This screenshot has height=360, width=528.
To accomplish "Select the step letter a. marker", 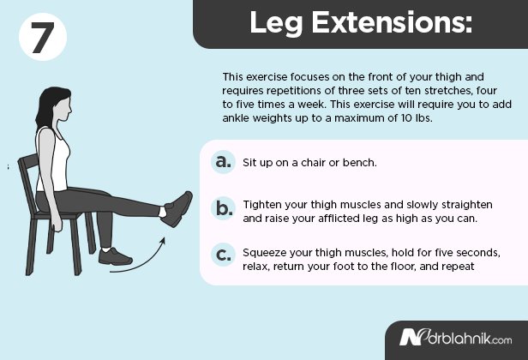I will click(223, 161).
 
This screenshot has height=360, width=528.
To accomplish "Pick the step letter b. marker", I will click(223, 207).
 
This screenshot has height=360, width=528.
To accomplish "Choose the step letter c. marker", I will click(223, 254).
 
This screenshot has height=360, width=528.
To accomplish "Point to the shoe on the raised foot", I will click(177, 209).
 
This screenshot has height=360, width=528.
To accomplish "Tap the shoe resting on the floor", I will click(115, 255).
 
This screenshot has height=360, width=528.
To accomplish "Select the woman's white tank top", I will click(52, 164).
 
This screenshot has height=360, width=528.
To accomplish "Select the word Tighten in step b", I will click(263, 207).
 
